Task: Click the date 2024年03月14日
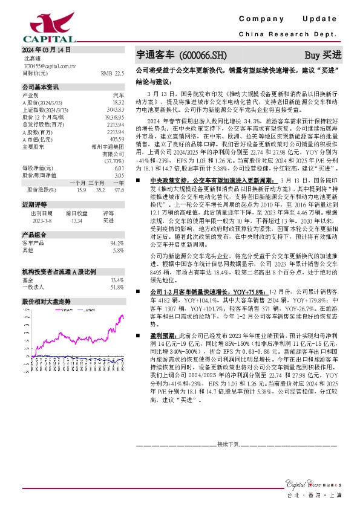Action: pos(46,50)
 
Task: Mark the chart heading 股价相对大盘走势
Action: pos(47,300)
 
